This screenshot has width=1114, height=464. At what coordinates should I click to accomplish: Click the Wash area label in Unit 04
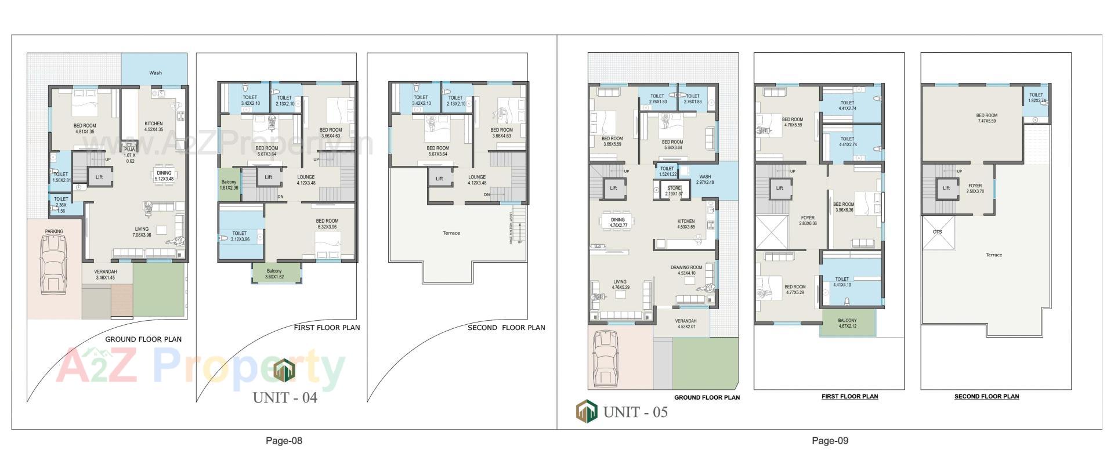(x=155, y=73)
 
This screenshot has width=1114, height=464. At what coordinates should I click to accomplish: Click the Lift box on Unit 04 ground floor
(x=99, y=177)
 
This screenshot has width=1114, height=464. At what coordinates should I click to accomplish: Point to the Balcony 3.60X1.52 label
(x=274, y=274)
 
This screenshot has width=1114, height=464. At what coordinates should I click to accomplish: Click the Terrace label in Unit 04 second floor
(x=451, y=233)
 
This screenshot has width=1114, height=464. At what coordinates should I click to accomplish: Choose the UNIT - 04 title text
(x=285, y=398)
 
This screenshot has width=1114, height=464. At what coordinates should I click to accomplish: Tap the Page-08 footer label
(x=284, y=441)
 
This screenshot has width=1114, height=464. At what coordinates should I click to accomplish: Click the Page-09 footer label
(x=830, y=441)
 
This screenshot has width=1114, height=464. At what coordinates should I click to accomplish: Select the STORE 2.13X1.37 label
(x=674, y=191)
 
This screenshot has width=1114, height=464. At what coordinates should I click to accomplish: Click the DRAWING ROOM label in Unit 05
(x=686, y=270)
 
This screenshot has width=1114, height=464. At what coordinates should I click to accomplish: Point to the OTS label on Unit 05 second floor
(x=937, y=232)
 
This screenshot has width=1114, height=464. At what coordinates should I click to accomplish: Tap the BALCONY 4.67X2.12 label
(x=847, y=323)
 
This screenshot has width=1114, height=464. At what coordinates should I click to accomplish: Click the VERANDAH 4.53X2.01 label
(x=685, y=324)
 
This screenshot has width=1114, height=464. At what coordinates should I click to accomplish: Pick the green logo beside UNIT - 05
(x=586, y=411)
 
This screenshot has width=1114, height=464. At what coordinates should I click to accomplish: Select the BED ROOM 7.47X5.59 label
(x=986, y=118)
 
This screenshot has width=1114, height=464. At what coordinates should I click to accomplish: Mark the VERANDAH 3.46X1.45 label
(x=106, y=275)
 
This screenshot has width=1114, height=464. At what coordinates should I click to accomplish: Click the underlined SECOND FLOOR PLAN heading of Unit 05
(x=986, y=397)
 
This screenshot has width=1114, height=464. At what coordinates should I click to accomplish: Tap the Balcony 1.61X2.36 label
(x=229, y=185)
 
